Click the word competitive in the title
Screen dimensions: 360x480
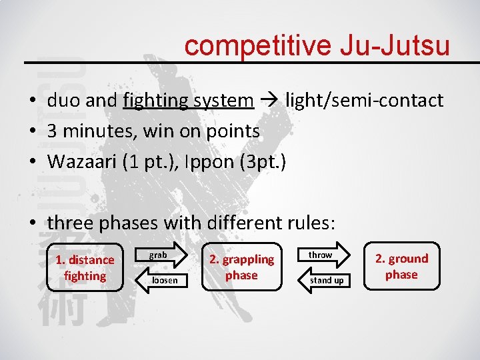[x=258, y=46]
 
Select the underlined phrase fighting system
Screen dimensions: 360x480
[x=189, y=101]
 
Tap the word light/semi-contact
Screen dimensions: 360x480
[x=364, y=101]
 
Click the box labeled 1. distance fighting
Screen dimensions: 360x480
[x=85, y=267]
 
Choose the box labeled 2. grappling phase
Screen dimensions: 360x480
[x=241, y=267]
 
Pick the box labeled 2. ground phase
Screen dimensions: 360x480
[x=401, y=266]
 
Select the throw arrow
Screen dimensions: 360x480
[x=321, y=255]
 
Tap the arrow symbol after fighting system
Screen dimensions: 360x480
[x=269, y=101]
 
